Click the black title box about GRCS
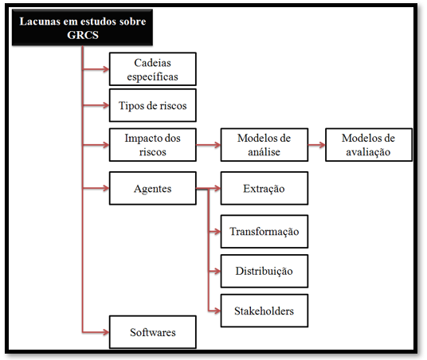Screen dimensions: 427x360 (82, 28)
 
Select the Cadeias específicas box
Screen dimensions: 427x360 (153, 69)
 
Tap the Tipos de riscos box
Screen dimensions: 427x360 (153, 105)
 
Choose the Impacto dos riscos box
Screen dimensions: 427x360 (153, 145)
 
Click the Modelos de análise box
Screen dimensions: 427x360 (264, 145)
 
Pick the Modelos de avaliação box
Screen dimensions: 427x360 (369, 145)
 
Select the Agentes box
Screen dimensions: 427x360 (153, 188)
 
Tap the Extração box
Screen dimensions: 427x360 (264, 188)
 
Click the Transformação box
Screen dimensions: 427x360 (264, 232)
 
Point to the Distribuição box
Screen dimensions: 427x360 (264, 272)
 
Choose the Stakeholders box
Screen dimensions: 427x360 (264, 311)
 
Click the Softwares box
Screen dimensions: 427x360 (153, 332)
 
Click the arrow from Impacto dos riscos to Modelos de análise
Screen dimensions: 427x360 (209, 145)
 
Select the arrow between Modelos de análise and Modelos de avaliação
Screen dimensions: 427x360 (317, 145)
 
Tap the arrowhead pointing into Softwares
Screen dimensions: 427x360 (106, 332)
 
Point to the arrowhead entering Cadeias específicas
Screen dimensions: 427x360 (106, 69)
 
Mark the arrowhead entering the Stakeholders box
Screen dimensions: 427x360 (217, 311)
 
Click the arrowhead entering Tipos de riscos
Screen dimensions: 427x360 (106, 105)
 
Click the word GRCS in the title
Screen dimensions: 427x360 (83, 35)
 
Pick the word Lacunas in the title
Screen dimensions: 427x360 (40, 22)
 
